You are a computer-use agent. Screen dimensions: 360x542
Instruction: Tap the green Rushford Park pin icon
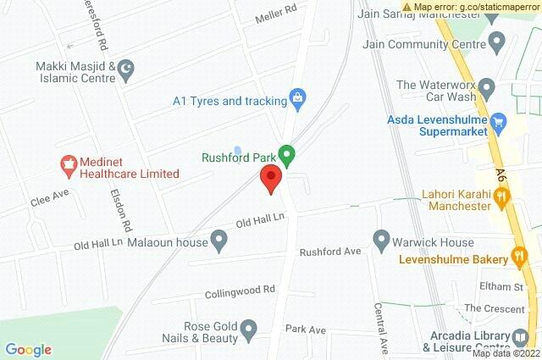pyautogui.click(x=287, y=156)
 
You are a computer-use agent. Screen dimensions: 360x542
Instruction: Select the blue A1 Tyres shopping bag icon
pyautogui.click(x=297, y=100)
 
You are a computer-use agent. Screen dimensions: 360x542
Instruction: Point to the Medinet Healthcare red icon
pyautogui.click(x=68, y=166)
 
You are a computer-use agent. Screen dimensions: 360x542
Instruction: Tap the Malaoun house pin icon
pyautogui.click(x=219, y=243)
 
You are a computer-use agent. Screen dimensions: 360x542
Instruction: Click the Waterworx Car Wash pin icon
pyautogui.click(x=486, y=87)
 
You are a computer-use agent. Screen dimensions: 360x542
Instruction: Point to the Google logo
pyautogui.click(x=28, y=349)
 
